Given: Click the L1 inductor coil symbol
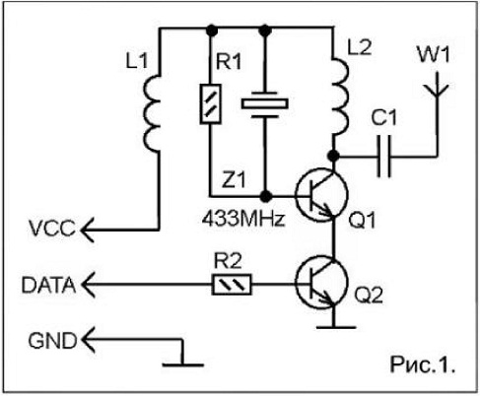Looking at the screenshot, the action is [152, 112].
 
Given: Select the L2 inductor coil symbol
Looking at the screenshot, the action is [340, 97].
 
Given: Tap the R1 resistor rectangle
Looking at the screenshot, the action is [210, 103].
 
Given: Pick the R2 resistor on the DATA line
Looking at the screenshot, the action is [232, 285].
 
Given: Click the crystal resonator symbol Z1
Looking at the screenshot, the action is [265, 103].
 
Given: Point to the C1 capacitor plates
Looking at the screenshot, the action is [383, 156].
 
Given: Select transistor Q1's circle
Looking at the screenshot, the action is [321, 195].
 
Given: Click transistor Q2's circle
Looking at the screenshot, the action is [321, 283].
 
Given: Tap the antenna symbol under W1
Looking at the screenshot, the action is [437, 86].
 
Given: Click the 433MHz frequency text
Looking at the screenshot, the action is [243, 219].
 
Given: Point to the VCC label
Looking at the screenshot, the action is [52, 229].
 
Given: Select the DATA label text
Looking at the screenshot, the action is [48, 285].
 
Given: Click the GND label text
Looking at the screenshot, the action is [52, 341].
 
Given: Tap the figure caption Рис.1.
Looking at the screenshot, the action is [423, 364].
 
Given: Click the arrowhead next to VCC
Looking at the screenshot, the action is [87, 230].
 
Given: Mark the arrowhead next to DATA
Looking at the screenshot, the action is [88, 285].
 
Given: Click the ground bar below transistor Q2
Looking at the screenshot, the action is [336, 327].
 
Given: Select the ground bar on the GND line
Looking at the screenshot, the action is [183, 364].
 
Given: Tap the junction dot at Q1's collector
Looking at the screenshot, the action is [334, 156].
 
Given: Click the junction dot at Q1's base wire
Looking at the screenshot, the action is [265, 196].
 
